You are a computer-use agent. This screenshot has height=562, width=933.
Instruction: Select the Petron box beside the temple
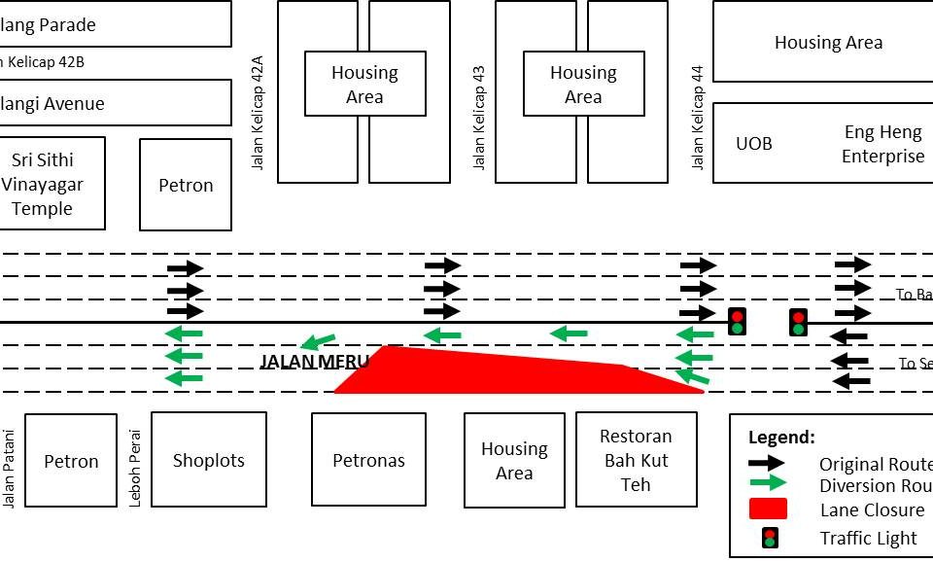point(186,185)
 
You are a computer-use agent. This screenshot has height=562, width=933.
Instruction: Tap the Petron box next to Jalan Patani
point(71,461)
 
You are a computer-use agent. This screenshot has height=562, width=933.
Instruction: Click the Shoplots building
point(208,460)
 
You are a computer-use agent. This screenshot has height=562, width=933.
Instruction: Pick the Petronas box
point(368,460)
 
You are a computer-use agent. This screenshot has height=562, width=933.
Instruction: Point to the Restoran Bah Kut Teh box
point(636,460)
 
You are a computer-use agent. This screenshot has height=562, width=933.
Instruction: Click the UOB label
point(754,143)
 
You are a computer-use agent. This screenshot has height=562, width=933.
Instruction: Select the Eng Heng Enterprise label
point(882,144)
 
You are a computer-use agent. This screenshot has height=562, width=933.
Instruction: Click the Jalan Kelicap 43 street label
point(478,118)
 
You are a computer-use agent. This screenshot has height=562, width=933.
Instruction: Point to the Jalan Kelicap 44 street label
point(697,118)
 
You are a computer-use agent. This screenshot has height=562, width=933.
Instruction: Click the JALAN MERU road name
point(315,362)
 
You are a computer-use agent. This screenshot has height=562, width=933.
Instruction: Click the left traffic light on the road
point(737,321)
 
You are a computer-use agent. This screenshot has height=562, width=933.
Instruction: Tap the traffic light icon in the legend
point(770,537)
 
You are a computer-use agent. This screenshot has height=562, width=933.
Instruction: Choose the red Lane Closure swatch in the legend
point(768,509)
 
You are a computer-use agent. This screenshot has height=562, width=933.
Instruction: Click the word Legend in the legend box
point(781,438)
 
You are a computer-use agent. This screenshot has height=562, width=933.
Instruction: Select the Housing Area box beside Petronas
point(514,461)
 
